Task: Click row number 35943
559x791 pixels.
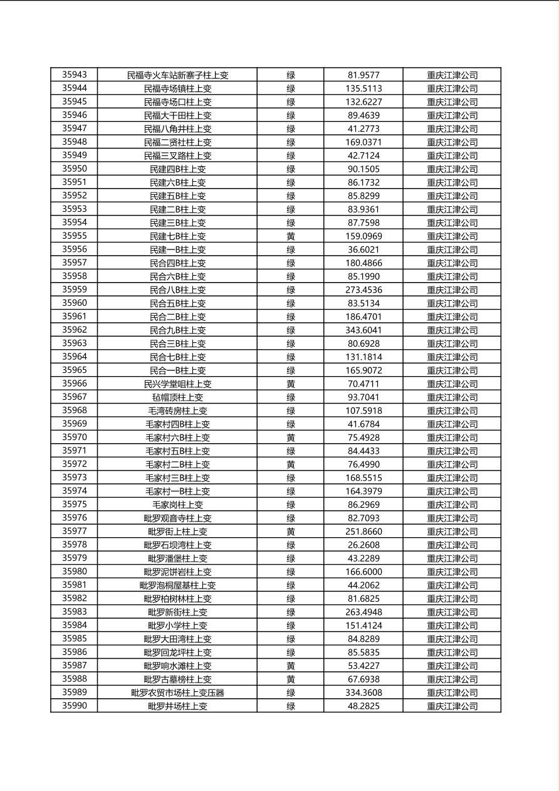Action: pyautogui.click(x=75, y=75)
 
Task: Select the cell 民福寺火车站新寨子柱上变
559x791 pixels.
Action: pyautogui.click(x=177, y=75)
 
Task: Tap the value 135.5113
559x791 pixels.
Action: pyautogui.click(x=363, y=88)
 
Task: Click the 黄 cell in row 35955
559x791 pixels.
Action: pyautogui.click(x=291, y=236)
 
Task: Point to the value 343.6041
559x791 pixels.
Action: pyautogui.click(x=363, y=330)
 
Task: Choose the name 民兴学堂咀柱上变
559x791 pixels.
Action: pyautogui.click(x=177, y=384)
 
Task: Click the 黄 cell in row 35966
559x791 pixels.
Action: pyautogui.click(x=291, y=384)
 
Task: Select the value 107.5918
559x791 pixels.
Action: pyautogui.click(x=363, y=411)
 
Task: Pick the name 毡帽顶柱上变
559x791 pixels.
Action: pyautogui.click(x=177, y=397)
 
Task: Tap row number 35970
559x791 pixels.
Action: pyautogui.click(x=75, y=437)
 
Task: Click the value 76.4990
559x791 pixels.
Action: pyautogui.click(x=363, y=464)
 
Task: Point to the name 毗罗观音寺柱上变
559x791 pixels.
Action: pyautogui.click(x=177, y=518)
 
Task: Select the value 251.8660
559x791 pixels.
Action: pyautogui.click(x=363, y=532)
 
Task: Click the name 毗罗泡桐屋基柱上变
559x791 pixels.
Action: pyautogui.click(x=177, y=585)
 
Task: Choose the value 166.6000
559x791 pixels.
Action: pyautogui.click(x=363, y=572)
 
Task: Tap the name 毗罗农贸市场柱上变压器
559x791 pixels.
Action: pyautogui.click(x=177, y=693)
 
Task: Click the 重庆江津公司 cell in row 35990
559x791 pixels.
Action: pyautogui.click(x=452, y=706)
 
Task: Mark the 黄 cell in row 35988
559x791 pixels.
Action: pyautogui.click(x=291, y=679)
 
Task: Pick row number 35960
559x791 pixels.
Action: pyautogui.click(x=75, y=303)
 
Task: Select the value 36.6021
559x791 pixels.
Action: pyautogui.click(x=363, y=249)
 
